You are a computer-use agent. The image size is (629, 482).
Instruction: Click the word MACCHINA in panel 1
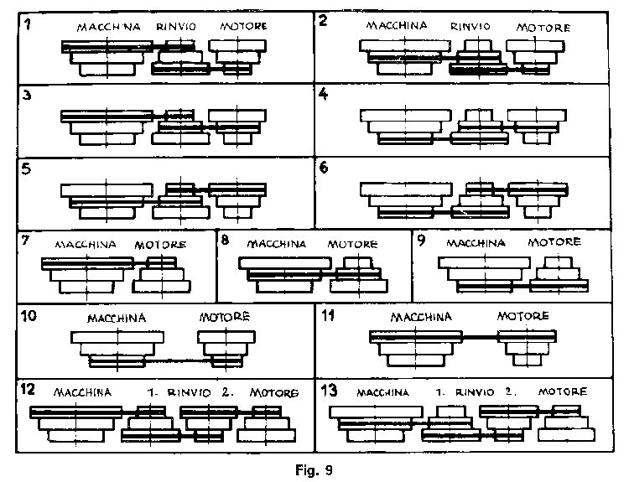[109, 28]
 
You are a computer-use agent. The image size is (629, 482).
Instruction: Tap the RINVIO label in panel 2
[470, 27]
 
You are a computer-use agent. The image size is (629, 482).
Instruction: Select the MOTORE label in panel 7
[160, 245]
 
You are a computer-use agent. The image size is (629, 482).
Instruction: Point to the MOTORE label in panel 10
[225, 317]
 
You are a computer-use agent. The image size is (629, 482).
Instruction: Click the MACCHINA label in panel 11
[421, 317]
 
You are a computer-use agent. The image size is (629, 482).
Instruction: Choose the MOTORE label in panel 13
[563, 391]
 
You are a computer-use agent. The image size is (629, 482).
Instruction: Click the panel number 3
[27, 96]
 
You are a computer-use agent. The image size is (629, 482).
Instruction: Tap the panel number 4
[323, 94]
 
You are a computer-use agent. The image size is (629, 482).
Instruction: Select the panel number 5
[26, 168]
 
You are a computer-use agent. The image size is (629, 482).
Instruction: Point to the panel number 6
[324, 168]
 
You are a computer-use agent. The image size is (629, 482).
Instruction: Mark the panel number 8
[225, 241]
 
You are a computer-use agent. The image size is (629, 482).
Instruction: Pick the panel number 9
[421, 241]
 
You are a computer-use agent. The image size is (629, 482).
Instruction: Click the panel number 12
[28, 389]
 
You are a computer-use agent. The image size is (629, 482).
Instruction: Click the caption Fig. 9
[314, 469]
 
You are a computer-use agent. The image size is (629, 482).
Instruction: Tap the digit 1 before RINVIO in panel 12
[151, 392]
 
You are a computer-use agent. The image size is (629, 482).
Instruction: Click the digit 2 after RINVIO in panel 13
[509, 391]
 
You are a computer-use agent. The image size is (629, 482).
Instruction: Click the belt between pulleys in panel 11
[480, 337]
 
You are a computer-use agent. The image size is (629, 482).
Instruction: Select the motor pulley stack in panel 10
[226, 349]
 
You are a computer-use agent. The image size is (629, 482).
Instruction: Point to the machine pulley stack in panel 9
[485, 275]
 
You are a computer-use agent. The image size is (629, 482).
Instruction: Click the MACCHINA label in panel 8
[277, 244]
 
